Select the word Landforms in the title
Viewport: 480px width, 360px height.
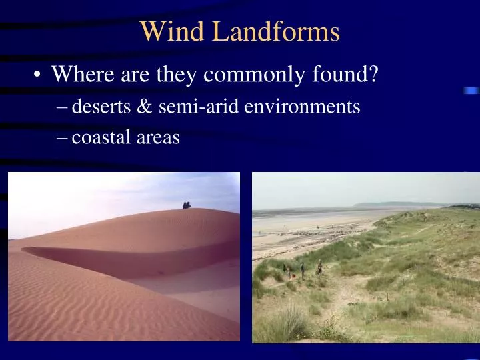pos(276,31)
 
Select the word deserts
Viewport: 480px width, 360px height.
pos(99,106)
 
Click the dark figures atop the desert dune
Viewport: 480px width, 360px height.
pos(187,205)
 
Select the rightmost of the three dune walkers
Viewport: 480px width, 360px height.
pos(320,266)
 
